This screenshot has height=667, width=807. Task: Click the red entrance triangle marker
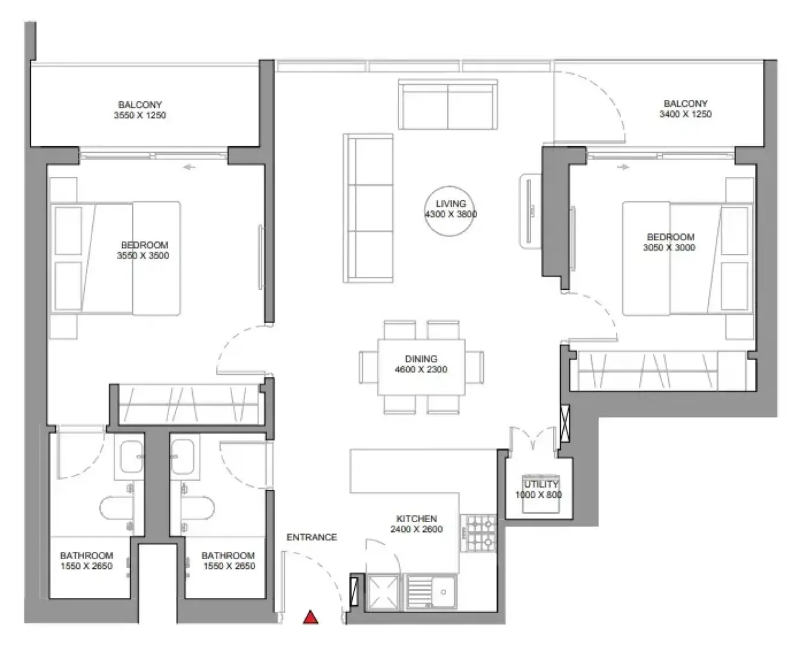[x=310, y=617]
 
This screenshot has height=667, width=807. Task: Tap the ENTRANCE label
[x=312, y=537]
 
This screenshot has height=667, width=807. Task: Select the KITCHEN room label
[x=417, y=518]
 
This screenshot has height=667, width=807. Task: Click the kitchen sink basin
[x=443, y=592]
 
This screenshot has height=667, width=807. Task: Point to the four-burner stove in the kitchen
[x=478, y=533]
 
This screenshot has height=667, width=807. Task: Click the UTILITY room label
[x=541, y=484]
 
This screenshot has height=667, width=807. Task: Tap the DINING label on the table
[x=421, y=358]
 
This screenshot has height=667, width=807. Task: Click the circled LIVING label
[x=450, y=204]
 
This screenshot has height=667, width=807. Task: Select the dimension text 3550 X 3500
[x=143, y=255]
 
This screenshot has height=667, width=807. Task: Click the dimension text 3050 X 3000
[x=669, y=247]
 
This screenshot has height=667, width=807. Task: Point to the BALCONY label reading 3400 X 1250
[x=686, y=109]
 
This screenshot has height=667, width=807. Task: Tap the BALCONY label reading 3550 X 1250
[x=140, y=110]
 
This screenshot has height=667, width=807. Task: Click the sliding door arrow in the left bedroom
[x=189, y=167]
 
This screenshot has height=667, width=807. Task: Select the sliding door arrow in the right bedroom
[x=623, y=167]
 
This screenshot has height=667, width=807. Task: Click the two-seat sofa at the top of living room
[x=448, y=104]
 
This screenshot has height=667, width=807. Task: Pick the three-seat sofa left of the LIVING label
[x=368, y=209]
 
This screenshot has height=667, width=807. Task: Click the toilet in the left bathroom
[x=116, y=508]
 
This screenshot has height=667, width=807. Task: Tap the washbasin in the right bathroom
[x=182, y=457]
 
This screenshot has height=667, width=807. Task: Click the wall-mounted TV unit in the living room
[x=531, y=211]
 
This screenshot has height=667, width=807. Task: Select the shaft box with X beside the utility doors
[x=564, y=423]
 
